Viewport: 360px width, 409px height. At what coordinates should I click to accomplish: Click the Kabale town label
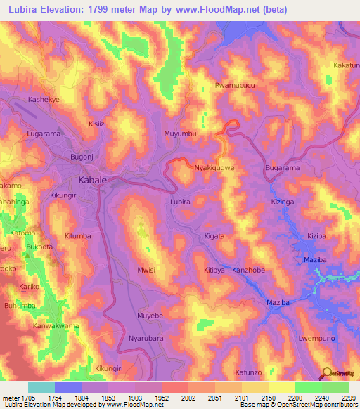point(93,181)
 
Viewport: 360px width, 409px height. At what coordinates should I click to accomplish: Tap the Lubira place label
point(181,202)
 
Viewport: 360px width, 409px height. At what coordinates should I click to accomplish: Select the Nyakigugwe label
point(214,168)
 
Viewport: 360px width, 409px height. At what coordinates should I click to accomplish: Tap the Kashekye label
point(43,100)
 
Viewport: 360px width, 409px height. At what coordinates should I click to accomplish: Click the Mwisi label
point(146,270)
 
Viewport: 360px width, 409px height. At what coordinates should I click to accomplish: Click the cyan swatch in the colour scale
point(41,387)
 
